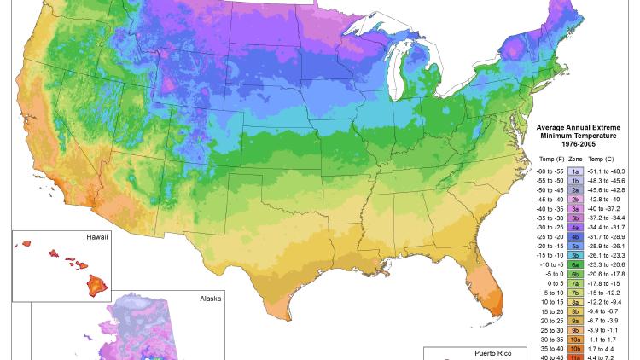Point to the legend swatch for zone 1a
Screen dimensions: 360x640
[574, 171]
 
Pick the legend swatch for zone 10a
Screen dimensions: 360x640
[574, 339]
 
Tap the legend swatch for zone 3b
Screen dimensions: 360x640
[574, 218]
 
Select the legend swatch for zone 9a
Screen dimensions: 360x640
[574, 320]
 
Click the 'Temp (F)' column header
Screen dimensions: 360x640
[550, 160]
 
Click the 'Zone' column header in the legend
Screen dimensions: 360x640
[575, 160]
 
